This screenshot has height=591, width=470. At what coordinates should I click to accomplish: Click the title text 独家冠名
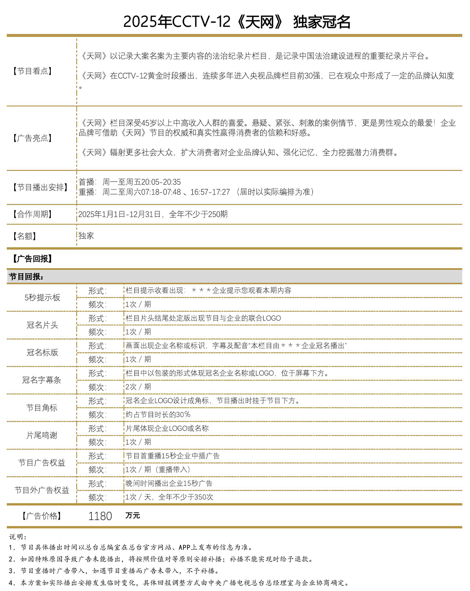[321, 22]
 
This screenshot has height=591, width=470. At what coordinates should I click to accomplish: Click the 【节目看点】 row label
[32, 71]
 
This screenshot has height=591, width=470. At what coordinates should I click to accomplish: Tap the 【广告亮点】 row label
[32, 138]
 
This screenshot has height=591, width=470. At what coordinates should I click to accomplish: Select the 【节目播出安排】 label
[40, 188]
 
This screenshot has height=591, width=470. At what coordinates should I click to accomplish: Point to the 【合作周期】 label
[32, 214]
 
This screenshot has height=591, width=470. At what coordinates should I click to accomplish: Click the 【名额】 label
[25, 236]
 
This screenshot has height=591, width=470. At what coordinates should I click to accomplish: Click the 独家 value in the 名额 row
[86, 236]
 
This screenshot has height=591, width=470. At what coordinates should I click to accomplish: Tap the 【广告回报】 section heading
[32, 259]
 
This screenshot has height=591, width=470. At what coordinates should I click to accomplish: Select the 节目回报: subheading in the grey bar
[26, 277]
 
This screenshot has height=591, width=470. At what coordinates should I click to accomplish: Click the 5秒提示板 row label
[42, 298]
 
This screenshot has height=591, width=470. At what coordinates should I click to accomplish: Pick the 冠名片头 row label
[42, 325]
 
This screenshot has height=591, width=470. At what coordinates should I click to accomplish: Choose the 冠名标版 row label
[42, 353]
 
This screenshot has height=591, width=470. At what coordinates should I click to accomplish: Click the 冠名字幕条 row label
[42, 380]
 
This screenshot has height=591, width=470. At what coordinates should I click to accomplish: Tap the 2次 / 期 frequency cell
[138, 387]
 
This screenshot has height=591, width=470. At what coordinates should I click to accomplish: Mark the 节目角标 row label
[42, 408]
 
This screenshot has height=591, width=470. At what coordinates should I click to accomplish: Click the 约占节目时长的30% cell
[158, 415]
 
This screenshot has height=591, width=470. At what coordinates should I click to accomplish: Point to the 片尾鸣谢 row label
[42, 435]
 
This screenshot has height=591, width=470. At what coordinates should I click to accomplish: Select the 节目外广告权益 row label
[42, 490]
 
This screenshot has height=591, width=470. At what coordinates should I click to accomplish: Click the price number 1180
[100, 516]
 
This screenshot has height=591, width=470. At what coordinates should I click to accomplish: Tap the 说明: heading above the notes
[18, 537]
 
